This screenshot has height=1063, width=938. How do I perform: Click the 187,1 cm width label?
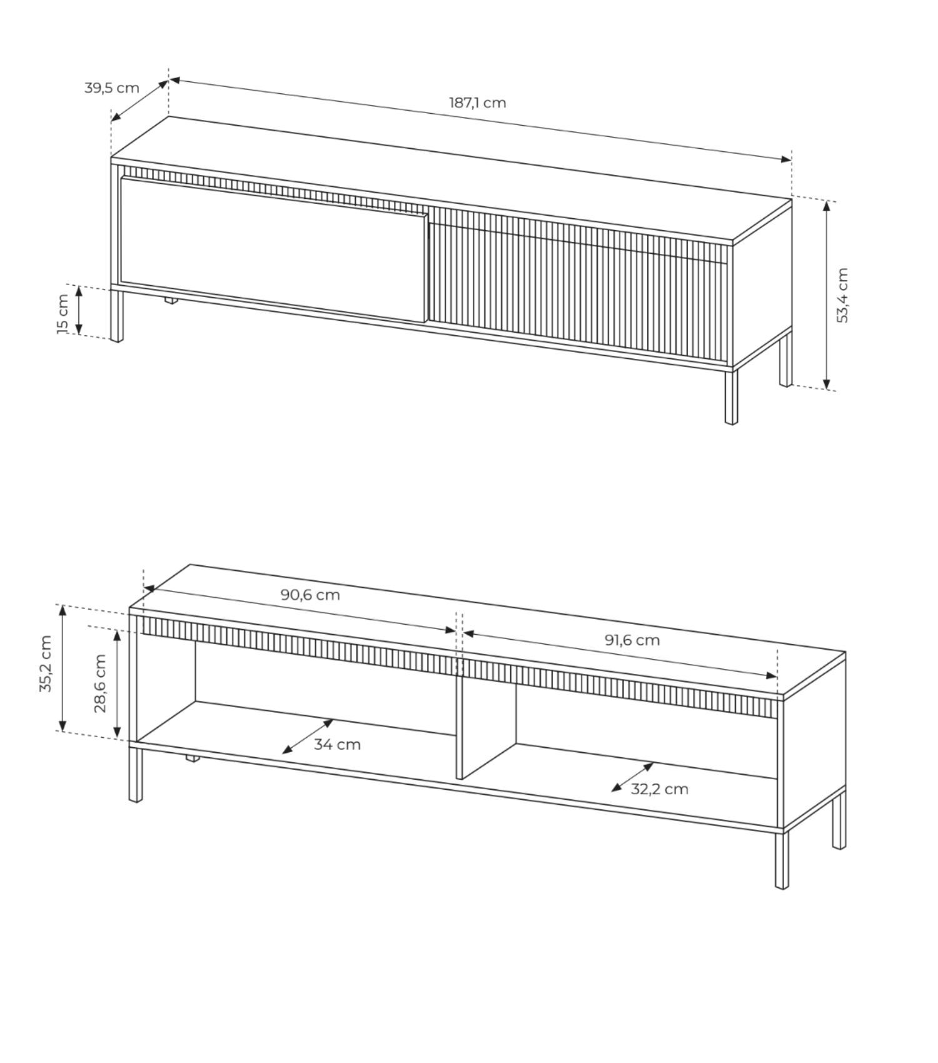coord(477,103)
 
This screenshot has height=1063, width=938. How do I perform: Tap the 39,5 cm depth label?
coord(112,88)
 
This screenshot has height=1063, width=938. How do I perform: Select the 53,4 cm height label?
coord(842,295)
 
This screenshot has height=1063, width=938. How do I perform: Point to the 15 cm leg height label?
coord(63,314)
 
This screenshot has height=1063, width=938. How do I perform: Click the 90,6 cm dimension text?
coord(310,595)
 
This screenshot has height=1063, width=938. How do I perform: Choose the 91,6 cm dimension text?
coord(632,640)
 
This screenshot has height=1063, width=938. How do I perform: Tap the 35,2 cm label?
coord(45,664)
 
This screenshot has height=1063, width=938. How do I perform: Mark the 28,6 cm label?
coord(100,683)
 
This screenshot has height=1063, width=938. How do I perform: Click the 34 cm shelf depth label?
coord(338,745)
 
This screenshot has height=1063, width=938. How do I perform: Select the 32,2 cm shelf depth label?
coord(659,789)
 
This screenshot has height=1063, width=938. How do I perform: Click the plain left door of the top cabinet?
coord(274,249)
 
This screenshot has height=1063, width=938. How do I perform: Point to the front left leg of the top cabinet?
coord(116,316)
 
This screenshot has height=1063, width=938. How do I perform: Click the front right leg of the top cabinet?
coord(731,398)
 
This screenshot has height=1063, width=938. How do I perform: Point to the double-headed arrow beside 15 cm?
coord(79,310)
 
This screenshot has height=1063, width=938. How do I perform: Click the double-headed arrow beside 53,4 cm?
coord(827,295)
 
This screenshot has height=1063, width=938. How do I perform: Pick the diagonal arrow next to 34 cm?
coord(308,737)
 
